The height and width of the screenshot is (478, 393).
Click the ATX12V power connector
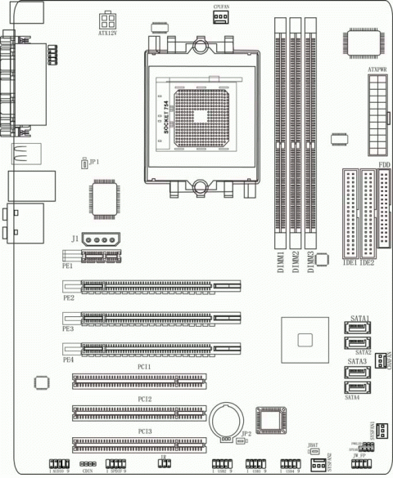coord(107,20)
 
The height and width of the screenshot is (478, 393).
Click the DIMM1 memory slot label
coord(281,266)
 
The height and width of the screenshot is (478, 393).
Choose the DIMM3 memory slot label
coord(311,266)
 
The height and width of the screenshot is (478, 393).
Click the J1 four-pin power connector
coord(101,241)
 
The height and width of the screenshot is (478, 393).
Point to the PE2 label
coord(67,298)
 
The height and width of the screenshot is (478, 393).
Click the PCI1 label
coord(144,368)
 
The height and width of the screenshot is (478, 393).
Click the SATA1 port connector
coord(357,328)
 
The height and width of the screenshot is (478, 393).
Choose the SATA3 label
coord(356,360)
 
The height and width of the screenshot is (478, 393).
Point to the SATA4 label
coord(353,397)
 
